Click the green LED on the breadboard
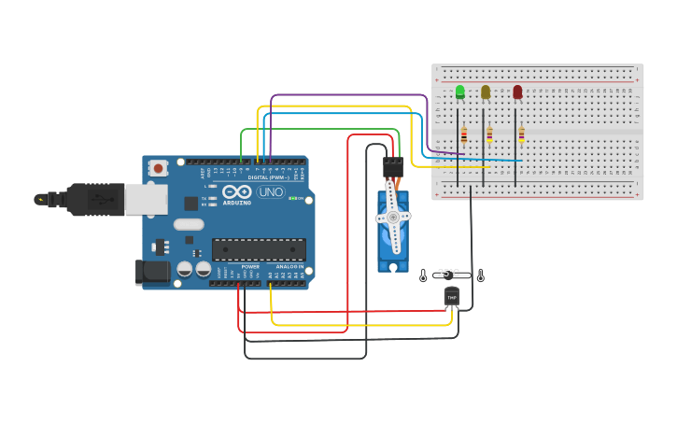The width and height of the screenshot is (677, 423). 459,92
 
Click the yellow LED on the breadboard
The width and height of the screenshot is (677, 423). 486,92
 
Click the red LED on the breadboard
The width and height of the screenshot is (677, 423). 517,92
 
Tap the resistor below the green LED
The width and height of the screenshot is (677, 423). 464,135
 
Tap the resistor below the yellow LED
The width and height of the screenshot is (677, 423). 489,135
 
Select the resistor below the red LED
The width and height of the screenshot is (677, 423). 521,134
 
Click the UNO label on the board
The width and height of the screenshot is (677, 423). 271,191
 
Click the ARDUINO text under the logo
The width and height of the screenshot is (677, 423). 236,202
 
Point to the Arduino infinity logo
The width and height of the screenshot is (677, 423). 236,191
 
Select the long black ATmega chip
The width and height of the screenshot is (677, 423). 259,249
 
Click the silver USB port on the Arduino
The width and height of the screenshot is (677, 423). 146,199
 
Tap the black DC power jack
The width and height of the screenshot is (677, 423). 152,272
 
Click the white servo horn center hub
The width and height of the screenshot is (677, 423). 393,218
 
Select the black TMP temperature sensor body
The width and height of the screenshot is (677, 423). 452,296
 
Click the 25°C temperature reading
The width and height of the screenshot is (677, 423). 449,273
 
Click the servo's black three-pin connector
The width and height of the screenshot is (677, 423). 392,167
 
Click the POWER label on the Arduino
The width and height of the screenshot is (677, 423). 250,267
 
